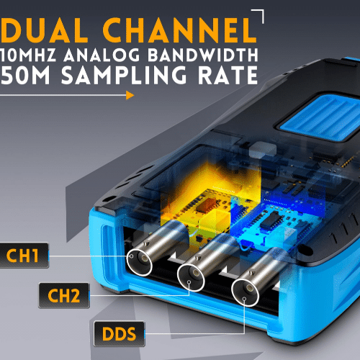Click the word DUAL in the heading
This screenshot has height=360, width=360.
coord(45,30)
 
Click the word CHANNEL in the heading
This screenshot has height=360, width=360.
coord(180,30)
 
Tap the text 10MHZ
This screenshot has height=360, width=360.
coord(28,55)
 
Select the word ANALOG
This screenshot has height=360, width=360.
coord(102,55)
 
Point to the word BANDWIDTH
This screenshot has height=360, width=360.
coord(203,55)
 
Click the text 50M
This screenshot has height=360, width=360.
coord(25,75)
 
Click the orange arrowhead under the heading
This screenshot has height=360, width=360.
coord(130,95)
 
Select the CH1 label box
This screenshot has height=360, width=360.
coord(24,256)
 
